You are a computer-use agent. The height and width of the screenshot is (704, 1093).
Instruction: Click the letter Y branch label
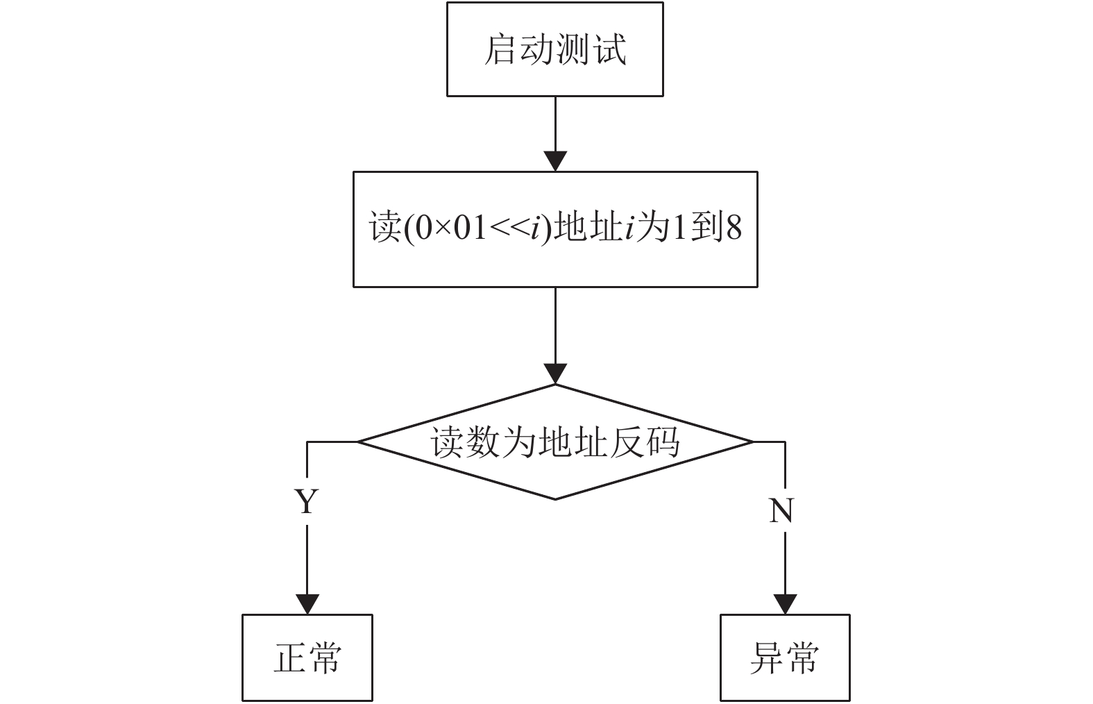point(307,501)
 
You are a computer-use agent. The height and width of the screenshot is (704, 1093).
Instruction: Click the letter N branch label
point(781,511)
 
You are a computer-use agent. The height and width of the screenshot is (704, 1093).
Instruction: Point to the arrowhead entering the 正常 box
point(307,605)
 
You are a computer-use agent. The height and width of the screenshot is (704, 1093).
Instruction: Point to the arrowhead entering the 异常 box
point(785,605)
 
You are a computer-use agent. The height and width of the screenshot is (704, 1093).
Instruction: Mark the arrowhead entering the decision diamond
point(555,374)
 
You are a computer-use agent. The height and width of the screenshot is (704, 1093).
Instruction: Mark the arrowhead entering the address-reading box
point(555,162)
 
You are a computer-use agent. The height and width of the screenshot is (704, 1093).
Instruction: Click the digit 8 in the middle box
point(734,228)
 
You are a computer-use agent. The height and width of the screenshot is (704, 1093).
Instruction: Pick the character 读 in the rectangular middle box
point(385,227)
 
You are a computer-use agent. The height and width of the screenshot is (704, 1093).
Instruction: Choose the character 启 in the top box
point(500,50)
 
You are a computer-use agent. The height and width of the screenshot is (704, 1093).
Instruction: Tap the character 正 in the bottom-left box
point(290,658)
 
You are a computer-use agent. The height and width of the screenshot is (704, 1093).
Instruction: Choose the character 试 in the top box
point(611,50)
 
